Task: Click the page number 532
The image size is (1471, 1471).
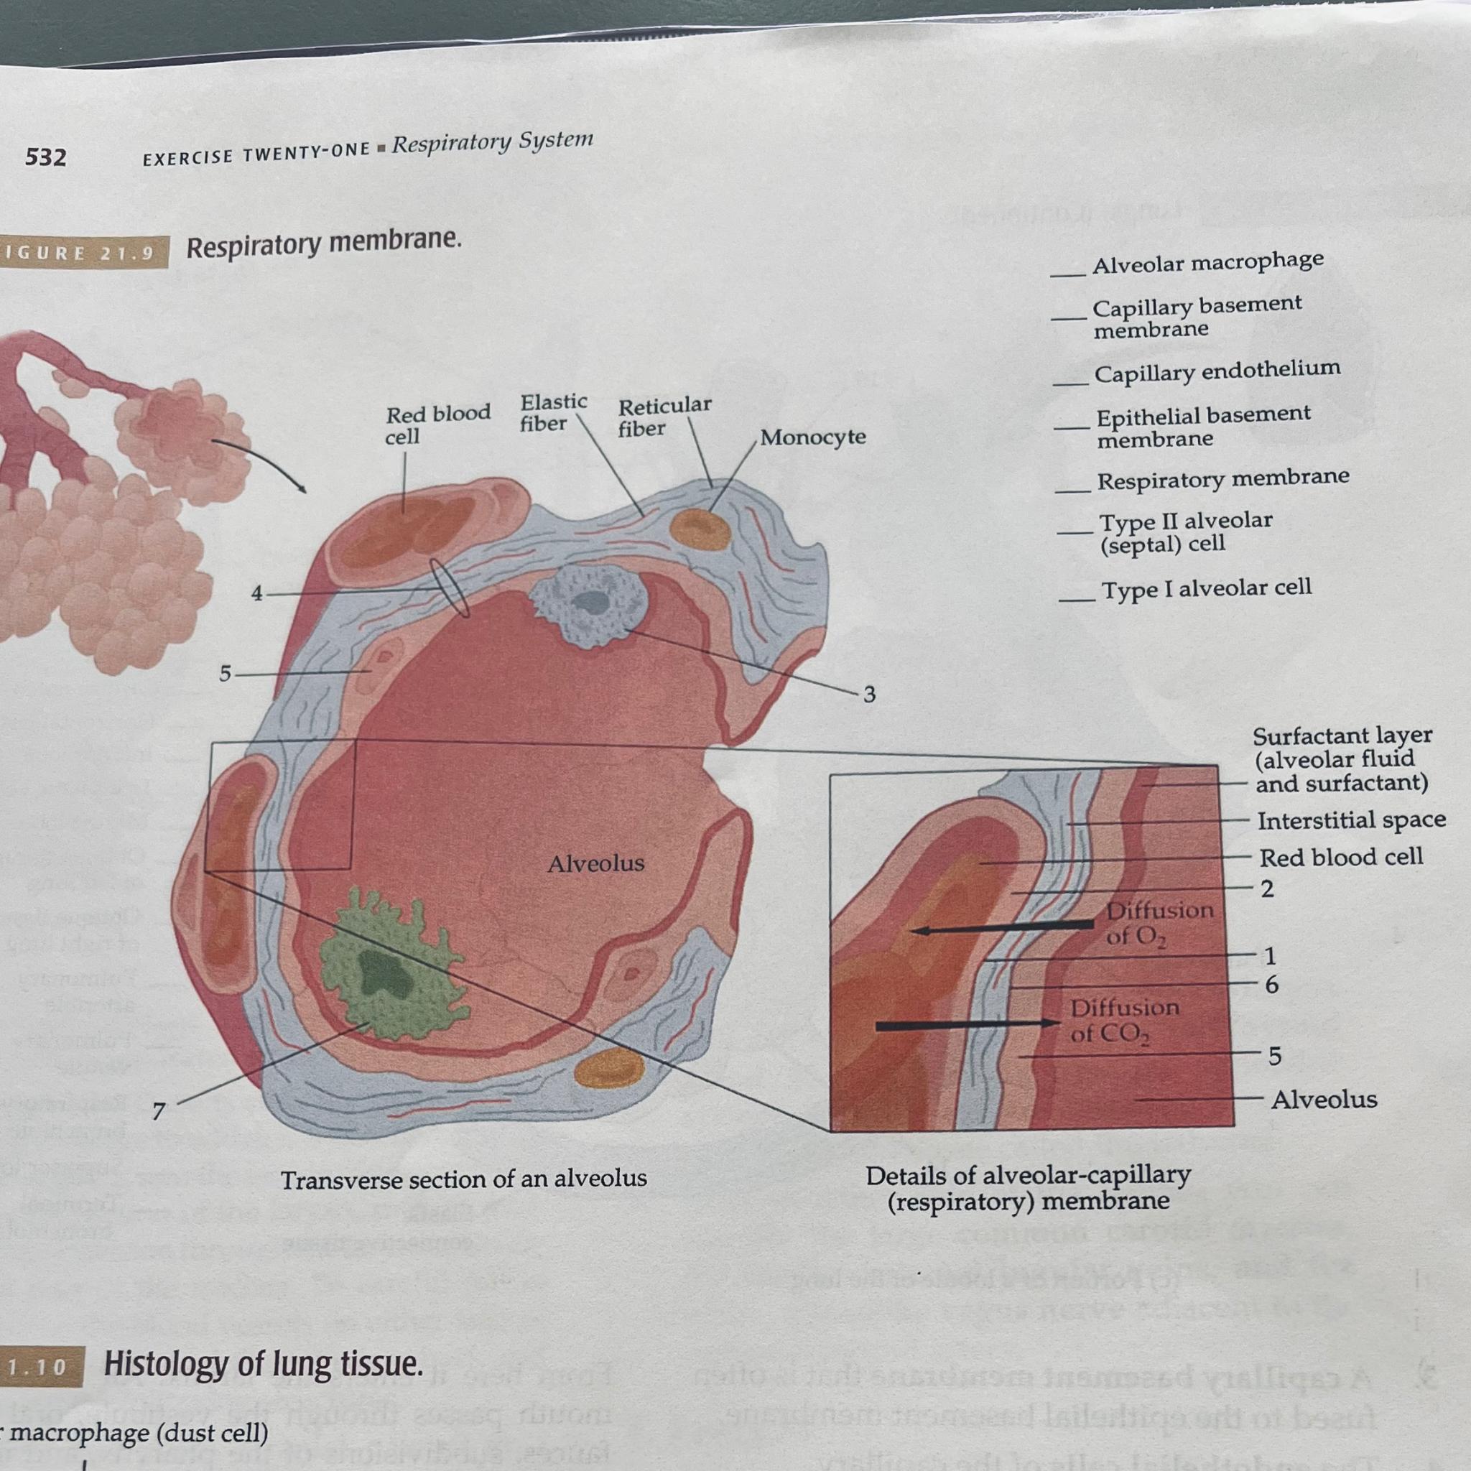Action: tap(46, 157)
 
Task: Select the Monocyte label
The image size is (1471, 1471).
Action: tap(812, 437)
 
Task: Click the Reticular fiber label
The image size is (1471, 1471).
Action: tap(664, 416)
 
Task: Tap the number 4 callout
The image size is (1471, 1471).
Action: tap(257, 593)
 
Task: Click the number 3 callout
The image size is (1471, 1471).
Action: tap(869, 695)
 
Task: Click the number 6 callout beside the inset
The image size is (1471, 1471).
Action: tap(1271, 985)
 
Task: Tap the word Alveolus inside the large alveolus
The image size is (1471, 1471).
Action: tap(595, 863)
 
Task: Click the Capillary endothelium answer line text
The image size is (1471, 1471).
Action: tap(1217, 371)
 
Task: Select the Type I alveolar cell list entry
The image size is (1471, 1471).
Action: tap(1206, 588)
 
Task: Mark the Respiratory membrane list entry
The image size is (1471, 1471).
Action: tap(1222, 479)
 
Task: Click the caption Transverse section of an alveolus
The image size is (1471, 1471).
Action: tap(464, 1179)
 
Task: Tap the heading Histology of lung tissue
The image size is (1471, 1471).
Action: tap(263, 1364)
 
